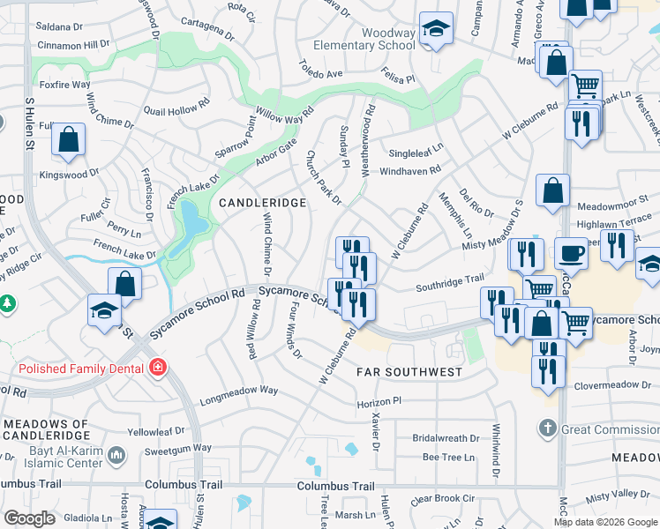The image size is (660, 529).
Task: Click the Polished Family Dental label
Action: pyautogui.click(x=77, y=366)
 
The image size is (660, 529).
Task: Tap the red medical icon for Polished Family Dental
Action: pyautogui.click(x=157, y=366)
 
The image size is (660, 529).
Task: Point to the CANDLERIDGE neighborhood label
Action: pyautogui.click(x=262, y=203)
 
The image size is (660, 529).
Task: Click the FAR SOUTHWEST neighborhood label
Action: pyautogui.click(x=409, y=372)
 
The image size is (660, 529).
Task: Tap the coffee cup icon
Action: pyautogui.click(x=570, y=253)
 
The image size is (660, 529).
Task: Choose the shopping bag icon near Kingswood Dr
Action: pyautogui.click(x=68, y=140)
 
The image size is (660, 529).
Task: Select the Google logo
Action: pyautogui.click(x=29, y=518)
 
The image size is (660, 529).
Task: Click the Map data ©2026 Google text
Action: pyautogui.click(x=604, y=522)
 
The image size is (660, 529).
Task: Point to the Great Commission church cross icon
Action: pyautogui.click(x=547, y=429)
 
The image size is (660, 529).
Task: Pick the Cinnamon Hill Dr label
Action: pyautogui.click(x=73, y=43)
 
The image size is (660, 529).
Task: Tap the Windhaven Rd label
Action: pyautogui.click(x=409, y=170)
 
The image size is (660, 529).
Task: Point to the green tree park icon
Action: pyautogui.click(x=7, y=303)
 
